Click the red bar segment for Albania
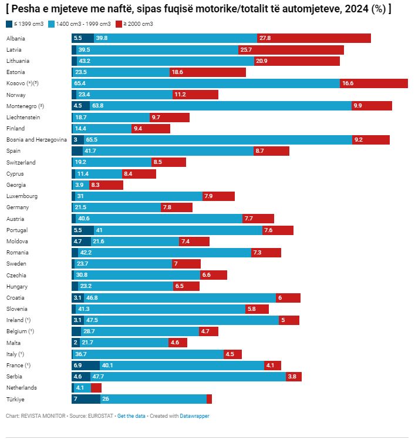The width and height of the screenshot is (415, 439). pos(314,38)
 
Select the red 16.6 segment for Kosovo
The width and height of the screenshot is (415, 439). pos(373,83)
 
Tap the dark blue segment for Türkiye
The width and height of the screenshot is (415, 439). pos(86,399)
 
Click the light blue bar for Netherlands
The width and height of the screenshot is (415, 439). pos(81,388)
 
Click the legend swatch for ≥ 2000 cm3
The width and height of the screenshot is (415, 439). pos(119,24)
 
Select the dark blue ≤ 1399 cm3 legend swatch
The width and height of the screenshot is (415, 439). pos(9,24)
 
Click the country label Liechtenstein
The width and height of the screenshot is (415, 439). pos(23,118)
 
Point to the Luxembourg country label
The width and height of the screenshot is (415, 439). pos(22,196)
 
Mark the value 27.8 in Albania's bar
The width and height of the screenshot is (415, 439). pos(265,38)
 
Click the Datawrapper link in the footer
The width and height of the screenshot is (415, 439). pos(194,416)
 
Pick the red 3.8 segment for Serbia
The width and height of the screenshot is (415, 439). pos(293,377)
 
